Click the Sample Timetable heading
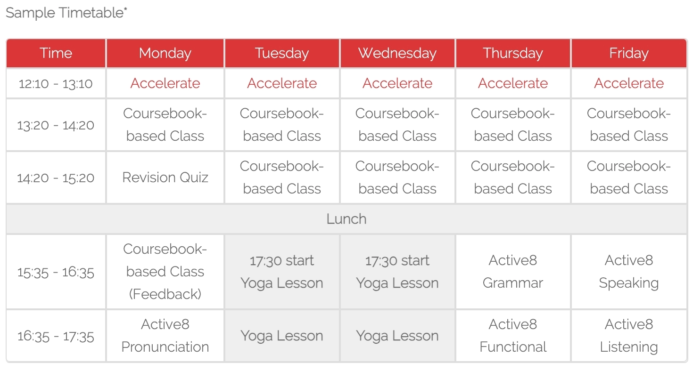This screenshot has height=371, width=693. click(x=66, y=13)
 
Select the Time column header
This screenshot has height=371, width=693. click(x=56, y=53)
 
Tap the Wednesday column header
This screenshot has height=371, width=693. click(x=397, y=53)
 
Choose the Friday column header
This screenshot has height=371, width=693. click(x=629, y=53)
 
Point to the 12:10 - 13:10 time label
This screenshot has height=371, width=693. click(x=56, y=84)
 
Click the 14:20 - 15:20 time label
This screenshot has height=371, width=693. click(x=56, y=178)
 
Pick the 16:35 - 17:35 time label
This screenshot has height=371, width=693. click(x=56, y=337)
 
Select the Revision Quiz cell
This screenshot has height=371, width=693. click(x=165, y=177)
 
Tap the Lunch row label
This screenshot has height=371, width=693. click(x=346, y=219)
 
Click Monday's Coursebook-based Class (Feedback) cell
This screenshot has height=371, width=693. click(x=165, y=272)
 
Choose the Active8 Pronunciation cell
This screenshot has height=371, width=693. click(x=165, y=336)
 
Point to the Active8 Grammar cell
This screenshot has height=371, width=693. click(x=513, y=272)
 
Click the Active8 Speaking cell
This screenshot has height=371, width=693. click(x=629, y=272)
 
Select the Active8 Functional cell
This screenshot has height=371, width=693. click(x=513, y=336)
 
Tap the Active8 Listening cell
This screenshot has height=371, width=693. click(x=629, y=336)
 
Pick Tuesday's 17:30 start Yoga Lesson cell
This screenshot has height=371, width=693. click(x=282, y=272)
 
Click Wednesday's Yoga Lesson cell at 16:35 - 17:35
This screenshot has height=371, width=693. click(x=397, y=336)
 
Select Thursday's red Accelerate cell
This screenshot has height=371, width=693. click(x=513, y=83)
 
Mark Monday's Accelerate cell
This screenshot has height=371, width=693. click(x=165, y=83)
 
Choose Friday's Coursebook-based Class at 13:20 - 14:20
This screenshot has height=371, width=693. click(x=629, y=125)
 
